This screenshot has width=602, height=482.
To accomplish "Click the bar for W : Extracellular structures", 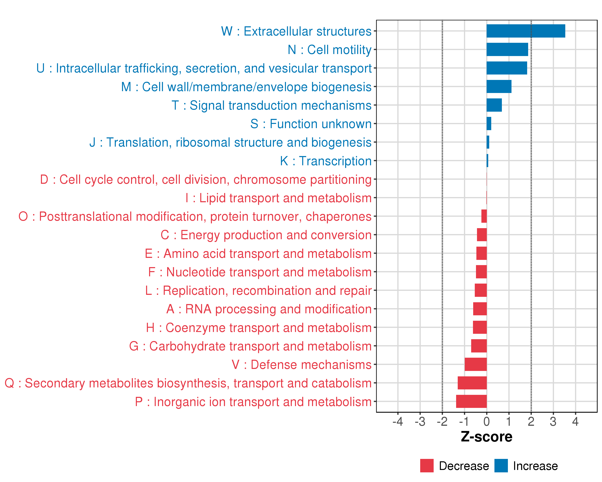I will pos(526,31).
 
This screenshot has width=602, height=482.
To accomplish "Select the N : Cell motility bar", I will pos(507,49).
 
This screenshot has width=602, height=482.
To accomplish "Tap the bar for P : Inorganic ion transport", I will pos(471,401).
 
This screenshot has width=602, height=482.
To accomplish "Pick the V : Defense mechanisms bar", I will pos(476,364).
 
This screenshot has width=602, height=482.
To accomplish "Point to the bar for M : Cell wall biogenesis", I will pos(499,87).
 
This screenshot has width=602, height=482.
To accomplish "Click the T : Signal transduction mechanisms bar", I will pos(494,105).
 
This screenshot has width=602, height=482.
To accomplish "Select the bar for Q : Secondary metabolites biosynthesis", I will pos(472,383).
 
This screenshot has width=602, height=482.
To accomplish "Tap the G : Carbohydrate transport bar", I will pos(479,346).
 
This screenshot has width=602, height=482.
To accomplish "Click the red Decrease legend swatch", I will pos(427,466).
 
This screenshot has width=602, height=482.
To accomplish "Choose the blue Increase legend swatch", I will pos(501,466).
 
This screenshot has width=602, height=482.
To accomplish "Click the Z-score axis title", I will pos(486,437).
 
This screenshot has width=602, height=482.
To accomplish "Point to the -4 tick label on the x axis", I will pos(398,422).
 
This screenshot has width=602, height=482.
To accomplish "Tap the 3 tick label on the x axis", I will pos(553,422).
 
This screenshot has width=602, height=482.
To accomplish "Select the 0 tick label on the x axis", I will pos(486,422).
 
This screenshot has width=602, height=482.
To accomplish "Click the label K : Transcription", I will pos(325,161).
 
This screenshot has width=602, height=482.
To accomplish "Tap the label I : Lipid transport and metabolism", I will pos(278,198).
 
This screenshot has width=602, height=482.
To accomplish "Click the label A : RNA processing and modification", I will pos(269,309).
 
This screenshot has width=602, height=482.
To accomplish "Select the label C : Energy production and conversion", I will pos(266,235).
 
